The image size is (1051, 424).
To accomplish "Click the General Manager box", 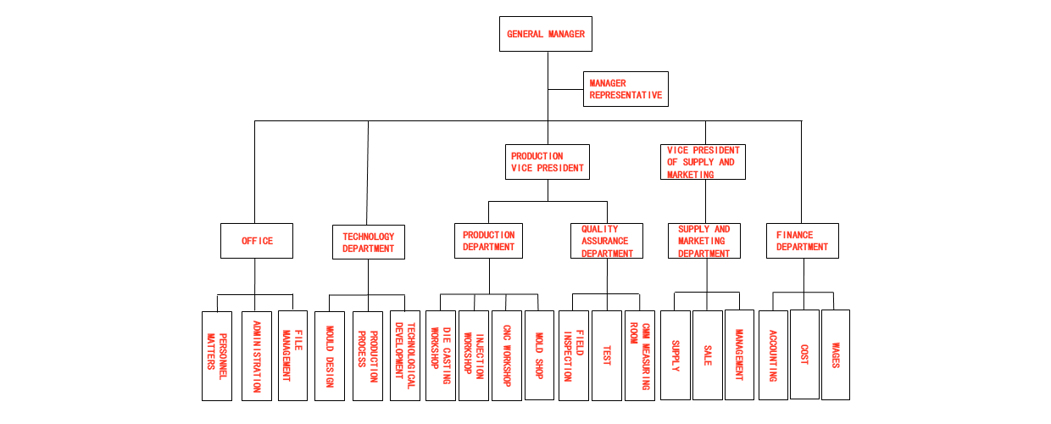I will pos(546,35).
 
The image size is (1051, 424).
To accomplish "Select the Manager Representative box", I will pos(626,89).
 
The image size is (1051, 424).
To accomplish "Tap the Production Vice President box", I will pos(548,162).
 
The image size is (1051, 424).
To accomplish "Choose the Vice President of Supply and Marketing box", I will pos(703,162).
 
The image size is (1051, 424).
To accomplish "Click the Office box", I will pos(257,241).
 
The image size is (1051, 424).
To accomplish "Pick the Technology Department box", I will pos(368,243).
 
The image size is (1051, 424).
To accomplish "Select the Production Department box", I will pos(488,241).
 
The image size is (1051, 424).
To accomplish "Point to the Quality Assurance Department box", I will pos(606,241).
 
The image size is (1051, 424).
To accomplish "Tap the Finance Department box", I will pos(802,241).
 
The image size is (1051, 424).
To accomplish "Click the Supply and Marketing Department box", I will pos(703,241).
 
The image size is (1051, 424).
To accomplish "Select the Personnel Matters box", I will pos(216,356).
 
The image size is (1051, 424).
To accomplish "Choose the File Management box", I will pos(292,356).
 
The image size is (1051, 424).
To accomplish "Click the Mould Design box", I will pos(329,356).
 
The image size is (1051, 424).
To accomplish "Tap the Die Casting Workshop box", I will pos(441,356).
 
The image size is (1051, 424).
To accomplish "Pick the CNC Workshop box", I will pos(506,356).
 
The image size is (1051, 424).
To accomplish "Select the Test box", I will pos(607,356).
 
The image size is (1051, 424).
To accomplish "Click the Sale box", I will pos(707,356).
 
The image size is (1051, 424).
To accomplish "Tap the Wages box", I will pos(835,354).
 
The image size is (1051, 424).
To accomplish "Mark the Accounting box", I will pos(772,354).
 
